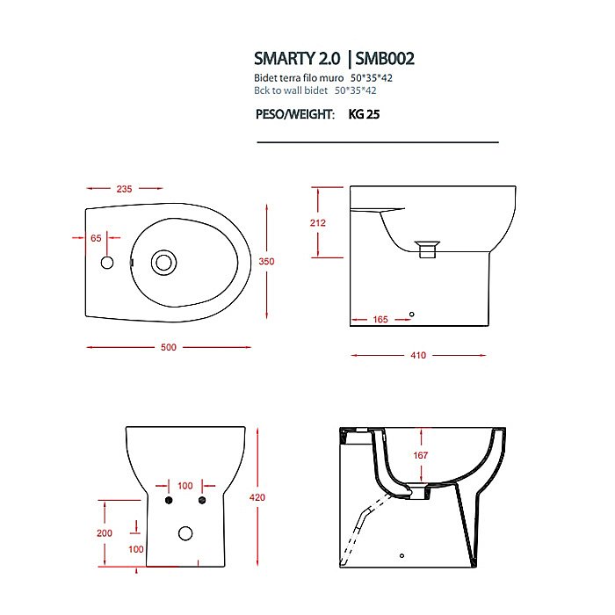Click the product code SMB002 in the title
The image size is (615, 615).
385,59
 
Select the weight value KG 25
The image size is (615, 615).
365,114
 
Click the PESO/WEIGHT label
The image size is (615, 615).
294,114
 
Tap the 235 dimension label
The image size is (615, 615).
124,189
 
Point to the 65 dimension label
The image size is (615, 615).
96,238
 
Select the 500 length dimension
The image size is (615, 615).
168,347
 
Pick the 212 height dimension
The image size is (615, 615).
317,223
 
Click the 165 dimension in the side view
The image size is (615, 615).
380,320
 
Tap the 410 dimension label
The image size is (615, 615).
418,355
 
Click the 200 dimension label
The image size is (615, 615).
105,533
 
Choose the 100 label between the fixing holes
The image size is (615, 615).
184,485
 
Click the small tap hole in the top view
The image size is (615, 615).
108,263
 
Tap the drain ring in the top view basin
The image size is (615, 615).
163,262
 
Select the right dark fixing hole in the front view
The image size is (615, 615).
201,501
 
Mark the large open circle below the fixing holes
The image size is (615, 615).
185,532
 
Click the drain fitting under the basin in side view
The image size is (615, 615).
427,250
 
